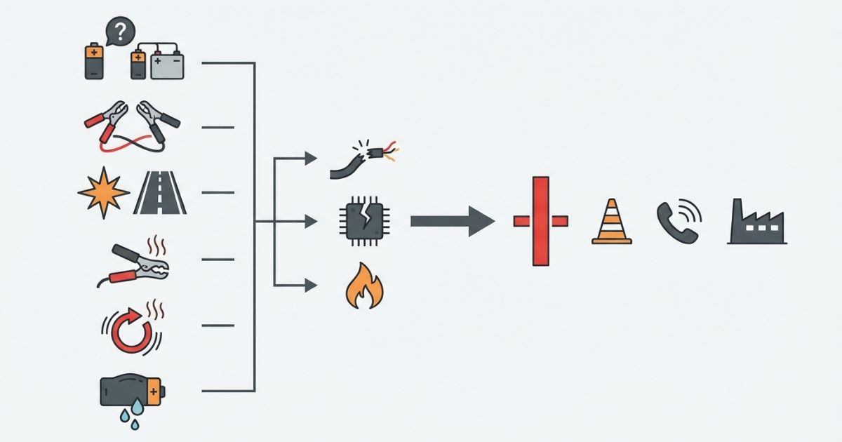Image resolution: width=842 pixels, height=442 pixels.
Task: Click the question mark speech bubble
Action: [119, 32]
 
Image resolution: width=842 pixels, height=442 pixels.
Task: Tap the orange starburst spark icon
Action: [104, 192]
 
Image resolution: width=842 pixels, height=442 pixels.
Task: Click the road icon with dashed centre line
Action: [161, 192]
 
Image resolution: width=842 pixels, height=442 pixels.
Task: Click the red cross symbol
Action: [540, 222]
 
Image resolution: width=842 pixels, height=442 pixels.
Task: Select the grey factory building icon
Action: [756, 223]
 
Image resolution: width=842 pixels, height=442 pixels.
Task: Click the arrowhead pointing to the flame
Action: [310, 284]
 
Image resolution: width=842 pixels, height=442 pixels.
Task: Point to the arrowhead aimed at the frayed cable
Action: [310, 158]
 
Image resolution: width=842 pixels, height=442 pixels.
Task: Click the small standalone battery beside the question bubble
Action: [93, 60]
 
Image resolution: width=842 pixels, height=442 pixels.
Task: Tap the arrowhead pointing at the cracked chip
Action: [310, 222]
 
